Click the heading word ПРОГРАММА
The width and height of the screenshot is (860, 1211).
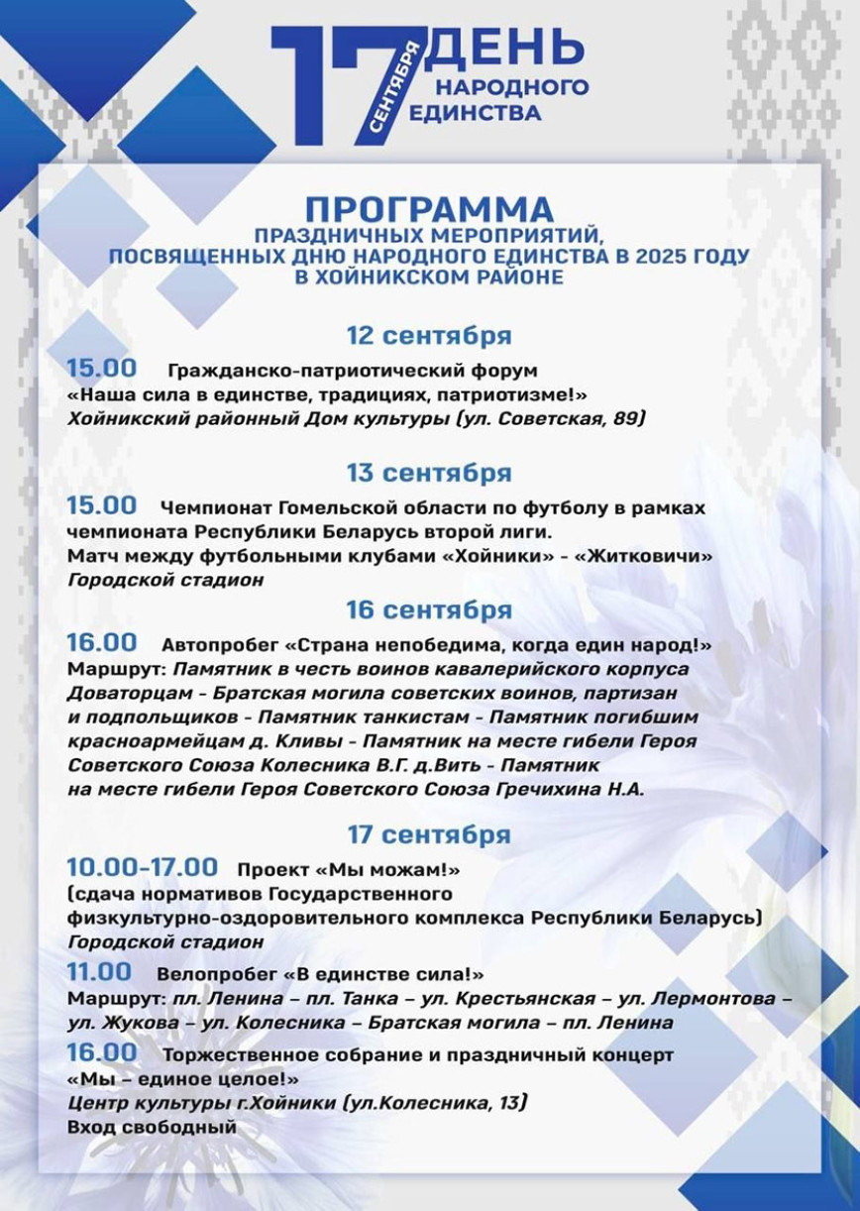(x=429, y=209)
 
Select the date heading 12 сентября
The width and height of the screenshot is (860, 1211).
(x=429, y=335)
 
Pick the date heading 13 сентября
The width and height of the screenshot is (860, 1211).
(x=429, y=471)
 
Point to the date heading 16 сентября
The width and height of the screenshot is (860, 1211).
(x=429, y=608)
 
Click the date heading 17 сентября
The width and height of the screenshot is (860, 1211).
(x=429, y=833)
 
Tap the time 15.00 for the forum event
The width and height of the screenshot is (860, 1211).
(x=102, y=369)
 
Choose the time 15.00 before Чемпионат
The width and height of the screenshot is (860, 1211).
(x=102, y=505)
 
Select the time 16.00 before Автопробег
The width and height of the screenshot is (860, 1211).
(x=102, y=643)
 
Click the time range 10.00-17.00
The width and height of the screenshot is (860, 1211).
(x=142, y=868)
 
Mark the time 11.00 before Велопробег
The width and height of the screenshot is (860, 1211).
(x=99, y=972)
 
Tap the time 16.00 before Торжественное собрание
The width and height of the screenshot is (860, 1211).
(x=102, y=1051)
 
